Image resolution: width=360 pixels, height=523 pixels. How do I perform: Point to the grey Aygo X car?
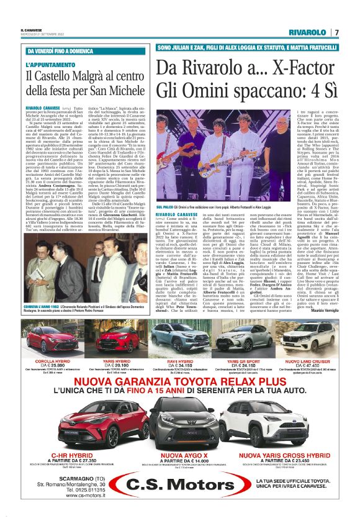tap(180, 432)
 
